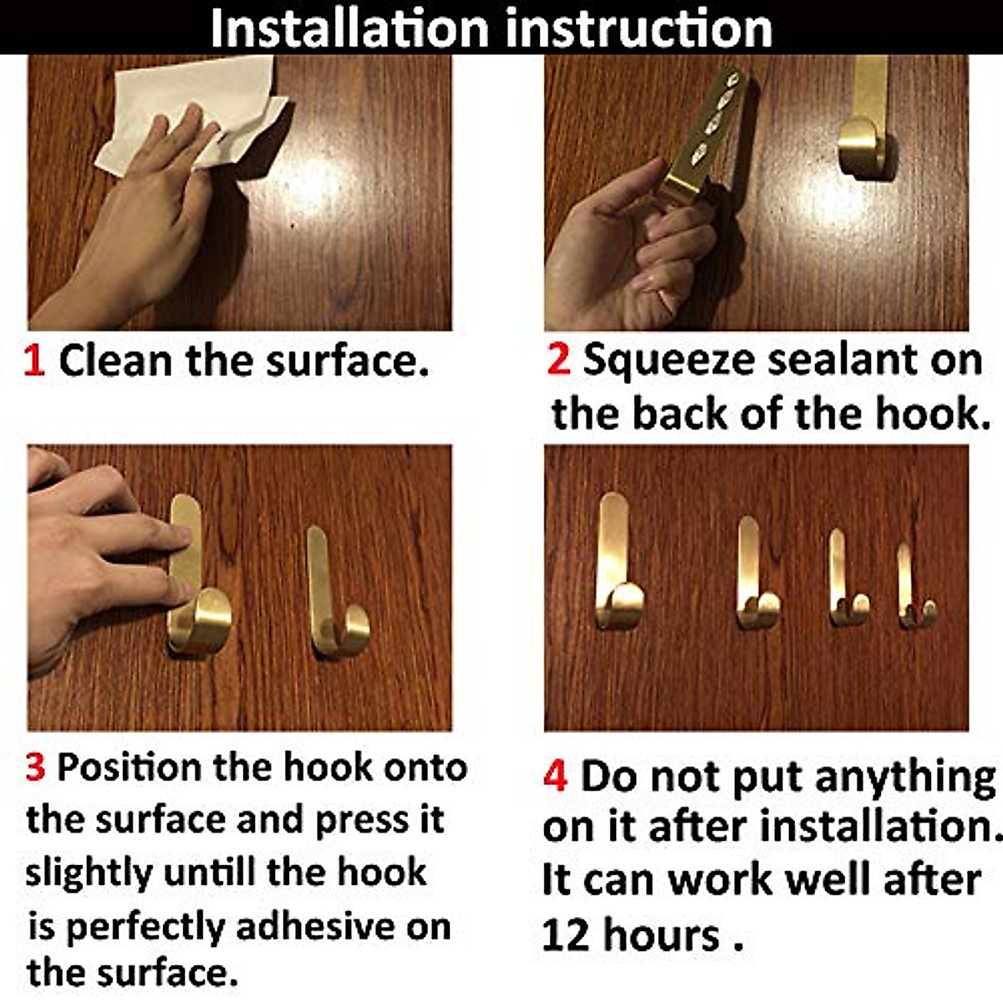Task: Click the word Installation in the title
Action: [349, 28]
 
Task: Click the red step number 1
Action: [34, 362]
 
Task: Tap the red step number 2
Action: [558, 360]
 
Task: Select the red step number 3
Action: [35, 767]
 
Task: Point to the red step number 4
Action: [555, 776]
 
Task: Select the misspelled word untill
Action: [210, 873]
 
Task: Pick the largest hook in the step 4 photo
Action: [617, 564]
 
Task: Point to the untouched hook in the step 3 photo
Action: [334, 593]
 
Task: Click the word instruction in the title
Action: [639, 28]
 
